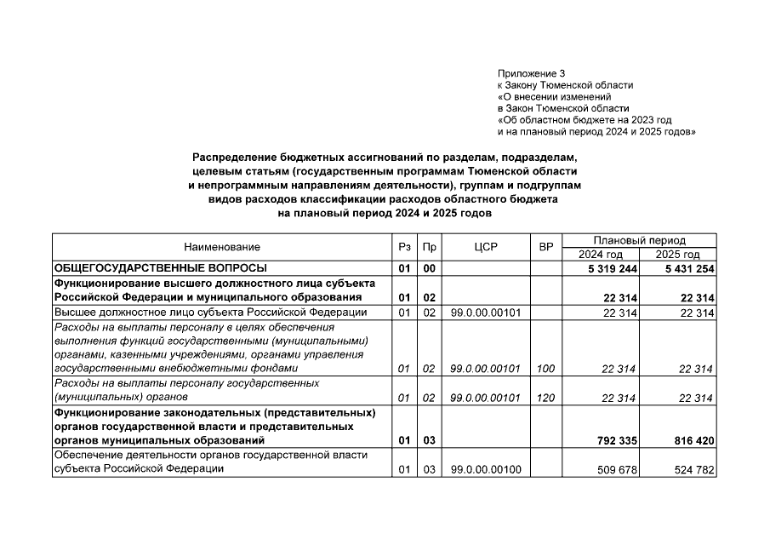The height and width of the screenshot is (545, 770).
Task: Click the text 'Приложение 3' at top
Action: point(531,73)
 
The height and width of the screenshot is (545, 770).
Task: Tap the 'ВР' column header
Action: point(546,247)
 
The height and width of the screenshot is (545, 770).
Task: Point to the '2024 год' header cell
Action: point(601,255)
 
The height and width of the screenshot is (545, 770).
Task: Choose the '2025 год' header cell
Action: point(678,255)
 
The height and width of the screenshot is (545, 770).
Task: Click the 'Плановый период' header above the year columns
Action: point(639,241)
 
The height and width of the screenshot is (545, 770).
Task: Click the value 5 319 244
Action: point(608,268)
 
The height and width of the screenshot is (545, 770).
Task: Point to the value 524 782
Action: point(693,470)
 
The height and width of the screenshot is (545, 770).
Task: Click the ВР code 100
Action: point(546,369)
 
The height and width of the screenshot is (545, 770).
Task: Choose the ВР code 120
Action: point(546,398)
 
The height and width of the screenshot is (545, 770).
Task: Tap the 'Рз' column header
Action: point(404,247)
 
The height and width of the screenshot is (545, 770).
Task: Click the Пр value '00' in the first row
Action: point(430,268)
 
